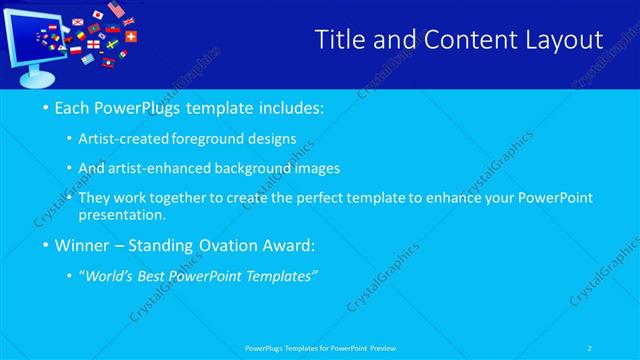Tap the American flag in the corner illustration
click(115, 11)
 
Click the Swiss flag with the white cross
click(131, 36)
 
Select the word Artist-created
click(124, 138)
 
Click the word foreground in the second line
click(205, 138)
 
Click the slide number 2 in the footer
click(590, 348)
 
